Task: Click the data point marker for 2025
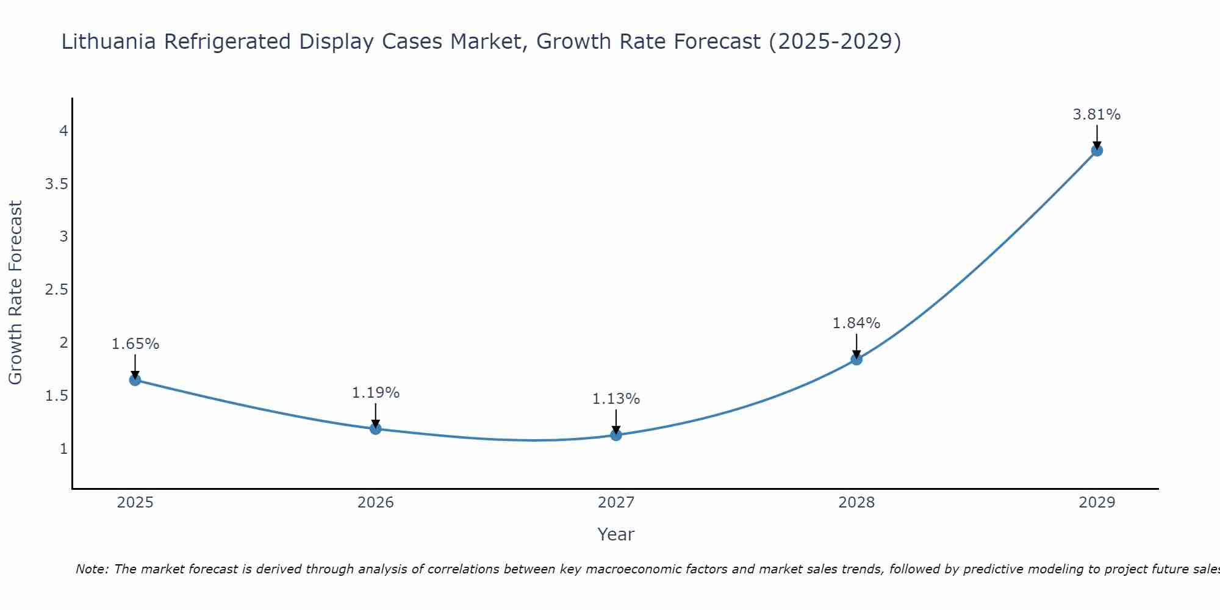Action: click(135, 380)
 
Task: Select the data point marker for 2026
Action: click(375, 429)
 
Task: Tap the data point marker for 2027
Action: click(615, 435)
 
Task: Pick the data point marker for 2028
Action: click(856, 359)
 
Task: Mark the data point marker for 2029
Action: click(1096, 151)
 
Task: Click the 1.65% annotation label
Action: click(135, 344)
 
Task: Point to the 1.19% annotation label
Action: click(375, 393)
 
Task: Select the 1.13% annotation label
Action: click(615, 399)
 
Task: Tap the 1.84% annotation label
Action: click(856, 323)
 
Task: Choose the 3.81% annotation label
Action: click(1096, 115)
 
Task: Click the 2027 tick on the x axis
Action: click(615, 503)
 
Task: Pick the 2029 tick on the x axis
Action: click(1096, 503)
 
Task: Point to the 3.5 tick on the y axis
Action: click(56, 184)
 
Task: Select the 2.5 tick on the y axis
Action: click(56, 290)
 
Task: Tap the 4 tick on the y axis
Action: click(63, 131)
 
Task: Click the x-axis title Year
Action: click(615, 534)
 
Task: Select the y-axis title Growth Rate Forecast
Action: click(15, 293)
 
